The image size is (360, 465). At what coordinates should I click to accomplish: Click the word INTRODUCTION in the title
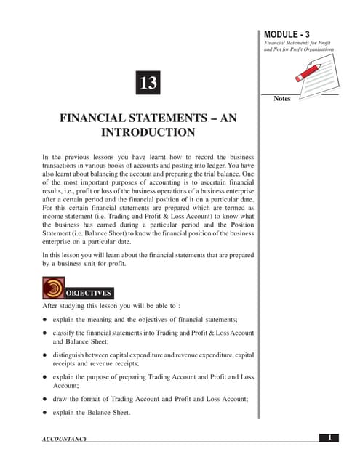(148, 132)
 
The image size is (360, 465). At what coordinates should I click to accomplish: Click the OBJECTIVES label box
(89, 293)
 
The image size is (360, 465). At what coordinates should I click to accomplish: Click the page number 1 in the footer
(329, 437)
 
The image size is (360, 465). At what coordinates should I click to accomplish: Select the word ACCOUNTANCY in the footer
(65, 439)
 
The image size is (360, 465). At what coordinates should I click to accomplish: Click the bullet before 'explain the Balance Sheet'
(45, 413)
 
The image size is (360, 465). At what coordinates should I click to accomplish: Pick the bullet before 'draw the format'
(45, 399)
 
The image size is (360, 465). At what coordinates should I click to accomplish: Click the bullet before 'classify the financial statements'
(45, 332)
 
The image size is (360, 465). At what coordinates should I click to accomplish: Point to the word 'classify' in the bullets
(65, 332)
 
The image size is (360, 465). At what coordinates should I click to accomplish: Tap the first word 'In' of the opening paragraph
(46, 157)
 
